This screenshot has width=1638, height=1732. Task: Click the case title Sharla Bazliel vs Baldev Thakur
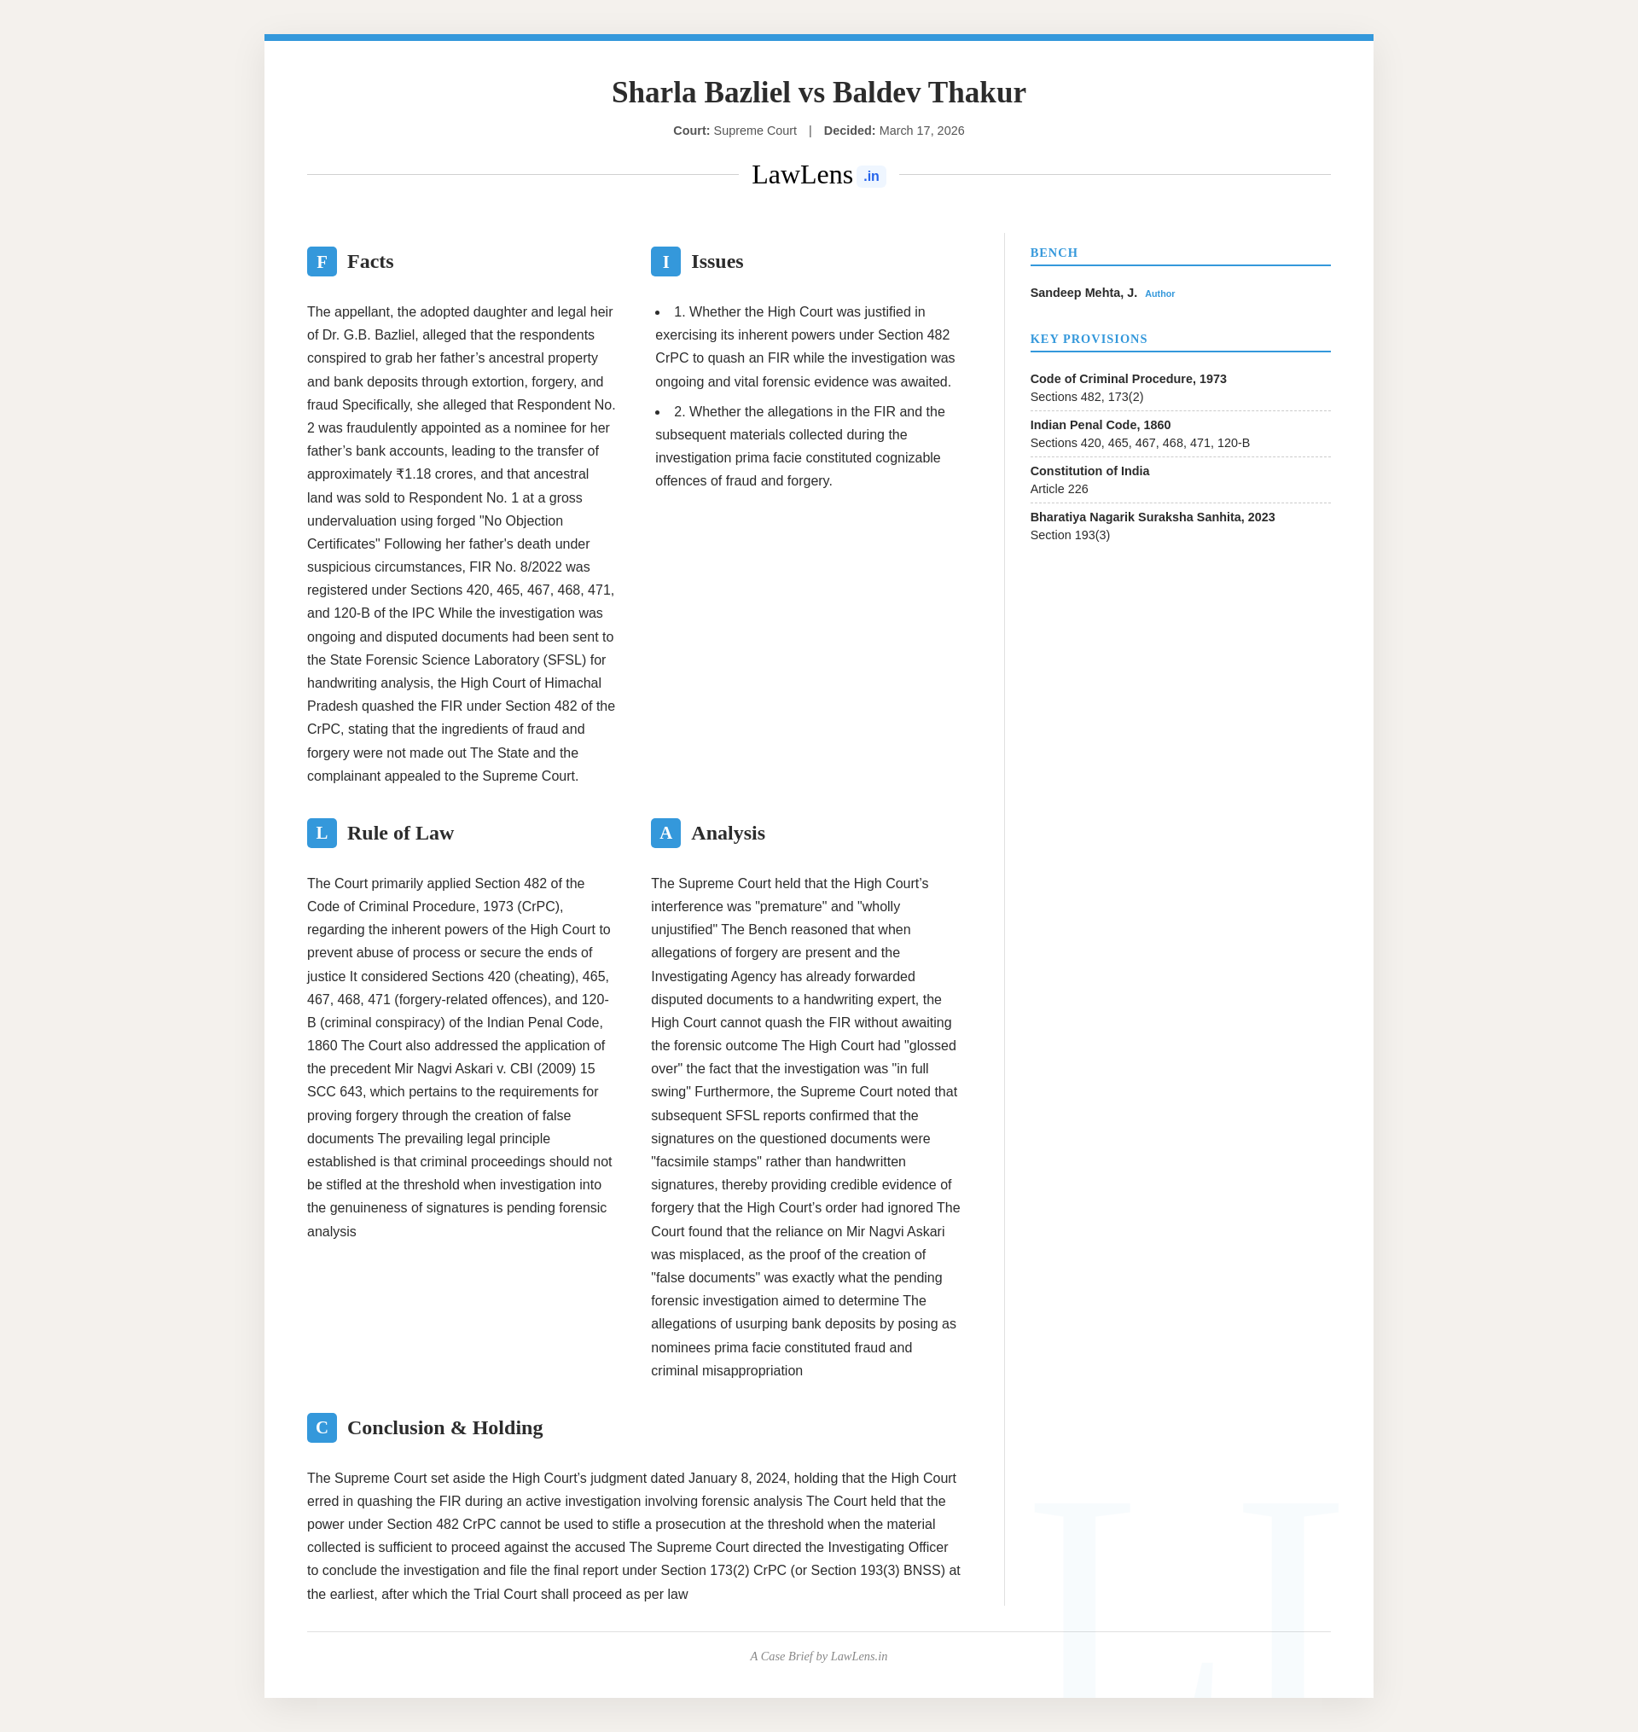[818, 92]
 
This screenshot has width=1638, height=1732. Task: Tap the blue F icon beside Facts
[322, 262]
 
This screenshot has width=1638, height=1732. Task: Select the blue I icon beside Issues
[665, 262]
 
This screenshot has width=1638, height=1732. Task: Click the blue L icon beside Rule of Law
[322, 833]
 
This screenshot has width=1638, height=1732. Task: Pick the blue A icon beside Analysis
[665, 833]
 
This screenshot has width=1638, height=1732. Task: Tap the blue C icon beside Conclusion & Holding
[322, 1427]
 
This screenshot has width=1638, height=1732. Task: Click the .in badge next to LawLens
[870, 177]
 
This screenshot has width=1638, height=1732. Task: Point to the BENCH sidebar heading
[1054, 253]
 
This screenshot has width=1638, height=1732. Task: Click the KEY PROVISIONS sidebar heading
[1088, 339]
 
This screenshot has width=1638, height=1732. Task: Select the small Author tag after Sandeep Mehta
[1159, 294]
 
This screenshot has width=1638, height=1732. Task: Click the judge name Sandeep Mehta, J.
[1083, 294]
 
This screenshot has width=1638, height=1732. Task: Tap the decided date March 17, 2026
[921, 131]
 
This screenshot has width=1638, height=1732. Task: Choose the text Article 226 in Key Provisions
[1058, 489]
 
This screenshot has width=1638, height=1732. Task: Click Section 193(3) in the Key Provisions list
[1070, 535]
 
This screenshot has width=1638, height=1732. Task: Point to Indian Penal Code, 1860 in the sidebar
[1101, 425]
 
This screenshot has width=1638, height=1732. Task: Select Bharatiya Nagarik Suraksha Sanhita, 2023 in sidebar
[1152, 517]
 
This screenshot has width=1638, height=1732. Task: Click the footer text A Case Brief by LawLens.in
[818, 1656]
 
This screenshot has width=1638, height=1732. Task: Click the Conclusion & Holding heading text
[444, 1427]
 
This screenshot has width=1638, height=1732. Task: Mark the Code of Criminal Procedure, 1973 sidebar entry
[1128, 379]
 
